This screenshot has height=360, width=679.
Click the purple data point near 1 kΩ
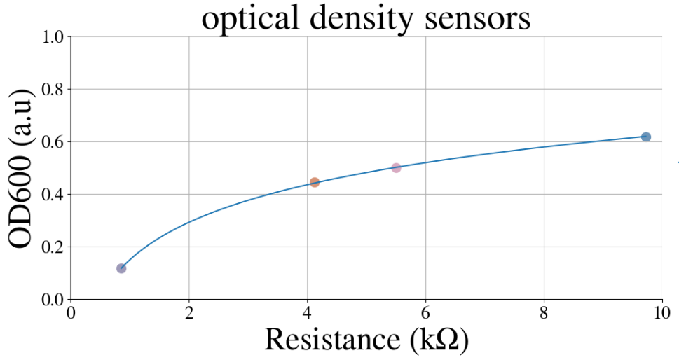pyautogui.click(x=121, y=269)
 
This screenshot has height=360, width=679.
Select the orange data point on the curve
pyautogui.click(x=315, y=182)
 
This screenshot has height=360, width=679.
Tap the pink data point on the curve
pyautogui.click(x=396, y=168)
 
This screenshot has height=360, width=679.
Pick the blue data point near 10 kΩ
pyautogui.click(x=645, y=137)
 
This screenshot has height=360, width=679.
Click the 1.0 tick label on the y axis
pyautogui.click(x=52, y=37)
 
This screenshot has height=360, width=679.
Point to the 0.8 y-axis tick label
pyautogui.click(x=52, y=90)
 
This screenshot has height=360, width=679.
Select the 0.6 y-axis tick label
pyautogui.click(x=52, y=142)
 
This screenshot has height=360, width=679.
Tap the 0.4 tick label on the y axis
pyautogui.click(x=52, y=194)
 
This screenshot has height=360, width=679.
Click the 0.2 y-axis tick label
pyautogui.click(x=52, y=247)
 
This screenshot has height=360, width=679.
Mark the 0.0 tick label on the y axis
pyautogui.click(x=52, y=300)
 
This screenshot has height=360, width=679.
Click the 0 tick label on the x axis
pyautogui.click(x=71, y=313)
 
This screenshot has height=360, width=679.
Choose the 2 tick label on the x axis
pyautogui.click(x=188, y=313)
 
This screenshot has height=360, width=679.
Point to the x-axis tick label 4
pyautogui.click(x=308, y=313)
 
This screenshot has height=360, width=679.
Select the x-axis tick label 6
pyautogui.click(x=425, y=313)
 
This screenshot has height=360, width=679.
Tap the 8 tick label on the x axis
pyautogui.click(x=544, y=313)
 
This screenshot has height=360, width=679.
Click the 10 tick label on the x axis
pyautogui.click(x=662, y=313)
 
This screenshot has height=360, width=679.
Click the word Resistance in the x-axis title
pyautogui.click(x=333, y=339)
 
